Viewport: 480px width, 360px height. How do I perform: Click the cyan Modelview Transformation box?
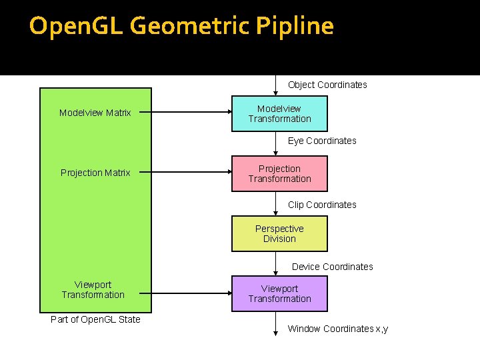pyautogui.click(x=279, y=113)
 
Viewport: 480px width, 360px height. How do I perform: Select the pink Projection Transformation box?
pyautogui.click(x=279, y=173)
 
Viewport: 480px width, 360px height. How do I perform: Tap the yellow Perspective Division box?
pyautogui.click(x=279, y=233)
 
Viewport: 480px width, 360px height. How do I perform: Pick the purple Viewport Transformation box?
pyautogui.click(x=279, y=293)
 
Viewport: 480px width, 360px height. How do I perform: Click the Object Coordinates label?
pyautogui.click(x=327, y=85)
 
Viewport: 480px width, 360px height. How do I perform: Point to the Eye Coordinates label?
pyautogui.click(x=322, y=141)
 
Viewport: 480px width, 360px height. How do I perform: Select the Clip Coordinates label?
pyautogui.click(x=322, y=205)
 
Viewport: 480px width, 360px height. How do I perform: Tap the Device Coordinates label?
pyautogui.click(x=332, y=267)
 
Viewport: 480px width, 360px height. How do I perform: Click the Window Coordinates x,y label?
pyautogui.click(x=337, y=329)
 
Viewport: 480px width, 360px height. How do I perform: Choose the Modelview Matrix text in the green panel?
pyautogui.click(x=95, y=113)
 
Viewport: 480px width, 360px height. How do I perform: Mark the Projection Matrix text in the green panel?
pyautogui.click(x=95, y=173)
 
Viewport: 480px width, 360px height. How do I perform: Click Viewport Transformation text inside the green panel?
pyautogui.click(x=93, y=290)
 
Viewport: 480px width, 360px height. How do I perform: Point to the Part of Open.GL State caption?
pyautogui.click(x=95, y=319)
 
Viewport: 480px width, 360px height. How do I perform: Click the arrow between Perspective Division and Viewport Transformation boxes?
pyautogui.click(x=276, y=263)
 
